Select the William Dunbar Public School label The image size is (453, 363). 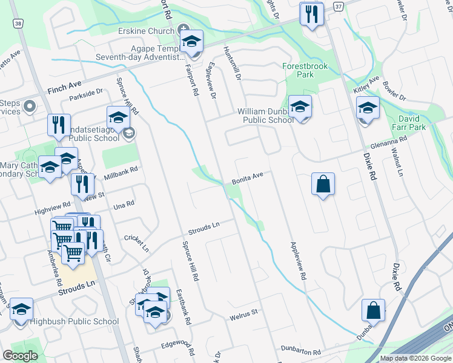[266, 116]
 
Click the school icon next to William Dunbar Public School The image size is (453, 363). [300, 108]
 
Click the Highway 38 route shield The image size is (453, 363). [19, 24]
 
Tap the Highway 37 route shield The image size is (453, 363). [339, 5]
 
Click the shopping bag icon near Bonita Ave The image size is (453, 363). [323, 184]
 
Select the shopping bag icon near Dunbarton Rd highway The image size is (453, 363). [374, 310]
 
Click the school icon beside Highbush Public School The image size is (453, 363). [22, 310]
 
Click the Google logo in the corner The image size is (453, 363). [20, 356]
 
